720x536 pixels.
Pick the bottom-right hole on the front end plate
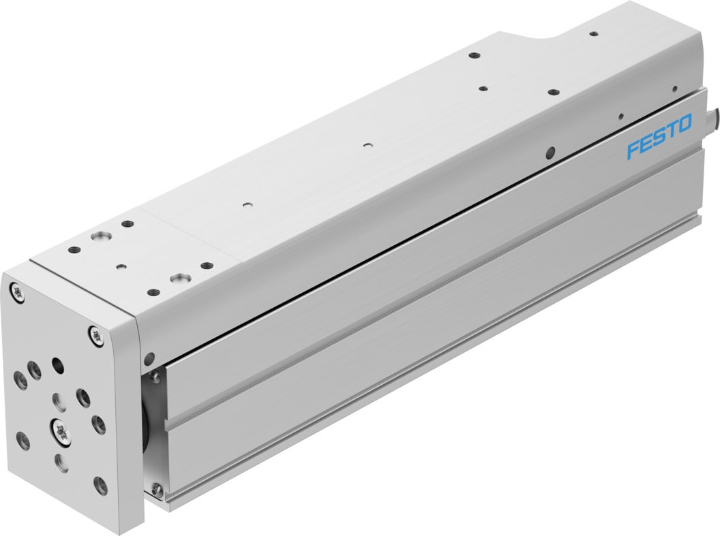point(100,486)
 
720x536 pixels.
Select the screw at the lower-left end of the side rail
point(157,488)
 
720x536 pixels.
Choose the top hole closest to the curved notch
point(593,33)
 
